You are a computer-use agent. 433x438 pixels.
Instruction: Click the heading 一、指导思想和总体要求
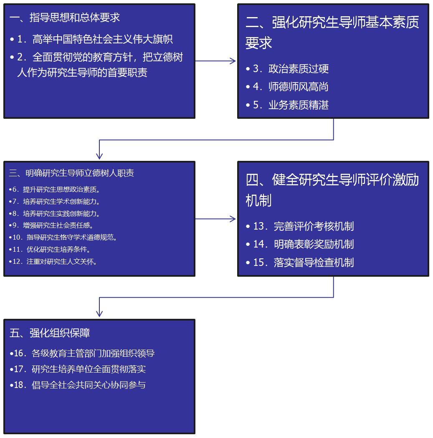pos(65,18)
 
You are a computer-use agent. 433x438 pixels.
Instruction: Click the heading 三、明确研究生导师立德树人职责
pos(71,173)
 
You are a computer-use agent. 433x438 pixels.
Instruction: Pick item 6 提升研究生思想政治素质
pos(56,190)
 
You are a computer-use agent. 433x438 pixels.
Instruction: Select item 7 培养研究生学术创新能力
pos(56,202)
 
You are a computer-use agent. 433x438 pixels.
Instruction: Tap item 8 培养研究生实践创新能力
pos(56,214)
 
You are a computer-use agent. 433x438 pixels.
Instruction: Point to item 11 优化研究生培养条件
pos(52,250)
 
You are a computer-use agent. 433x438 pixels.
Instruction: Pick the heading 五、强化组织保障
pos(50,333)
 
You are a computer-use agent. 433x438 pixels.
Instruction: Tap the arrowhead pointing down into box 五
pos(99,314)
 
